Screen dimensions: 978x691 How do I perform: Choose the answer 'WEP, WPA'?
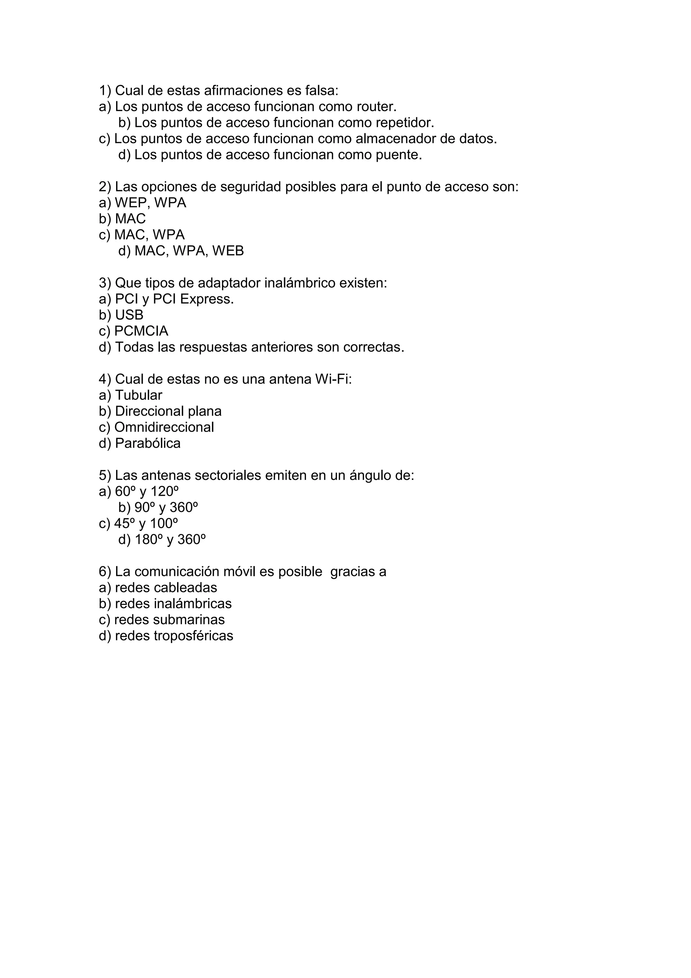[x=150, y=203]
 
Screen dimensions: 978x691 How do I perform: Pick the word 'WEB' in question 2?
[x=228, y=251]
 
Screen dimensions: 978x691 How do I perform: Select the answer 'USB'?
[x=129, y=315]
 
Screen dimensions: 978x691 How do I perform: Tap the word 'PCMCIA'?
[x=141, y=331]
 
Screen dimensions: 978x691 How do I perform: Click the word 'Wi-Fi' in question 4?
[x=333, y=379]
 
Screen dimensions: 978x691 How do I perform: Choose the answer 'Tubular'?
[x=139, y=395]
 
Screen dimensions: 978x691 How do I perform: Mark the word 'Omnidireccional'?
[x=164, y=427]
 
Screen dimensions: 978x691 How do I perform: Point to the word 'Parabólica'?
[x=148, y=443]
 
